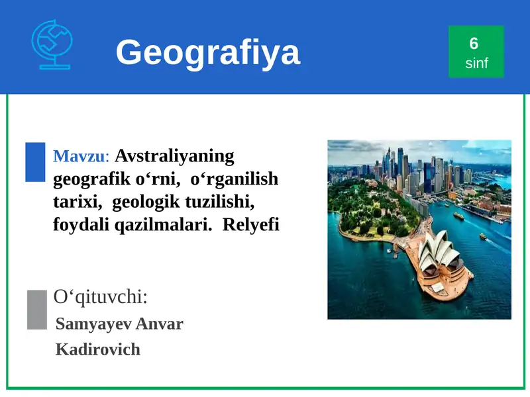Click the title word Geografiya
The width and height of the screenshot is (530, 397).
point(208,52)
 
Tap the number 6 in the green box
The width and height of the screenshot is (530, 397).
point(474,44)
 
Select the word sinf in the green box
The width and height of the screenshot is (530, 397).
point(476,64)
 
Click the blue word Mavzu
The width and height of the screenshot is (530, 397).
point(79,157)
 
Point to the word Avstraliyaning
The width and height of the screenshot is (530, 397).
point(175,156)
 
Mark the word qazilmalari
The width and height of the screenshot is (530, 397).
point(163,225)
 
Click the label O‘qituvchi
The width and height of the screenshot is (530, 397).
point(101,297)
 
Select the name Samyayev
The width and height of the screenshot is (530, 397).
point(93,324)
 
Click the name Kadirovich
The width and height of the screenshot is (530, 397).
point(98,349)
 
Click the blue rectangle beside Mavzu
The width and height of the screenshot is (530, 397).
point(35,162)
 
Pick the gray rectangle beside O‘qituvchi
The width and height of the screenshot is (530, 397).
point(37,309)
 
